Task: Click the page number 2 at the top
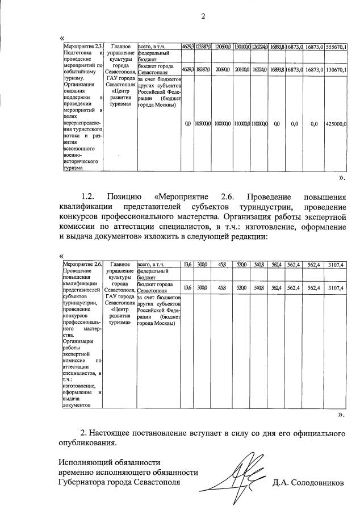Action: coord(203,15)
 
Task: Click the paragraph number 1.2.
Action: coord(91,197)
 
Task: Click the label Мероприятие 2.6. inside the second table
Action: coord(83,264)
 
